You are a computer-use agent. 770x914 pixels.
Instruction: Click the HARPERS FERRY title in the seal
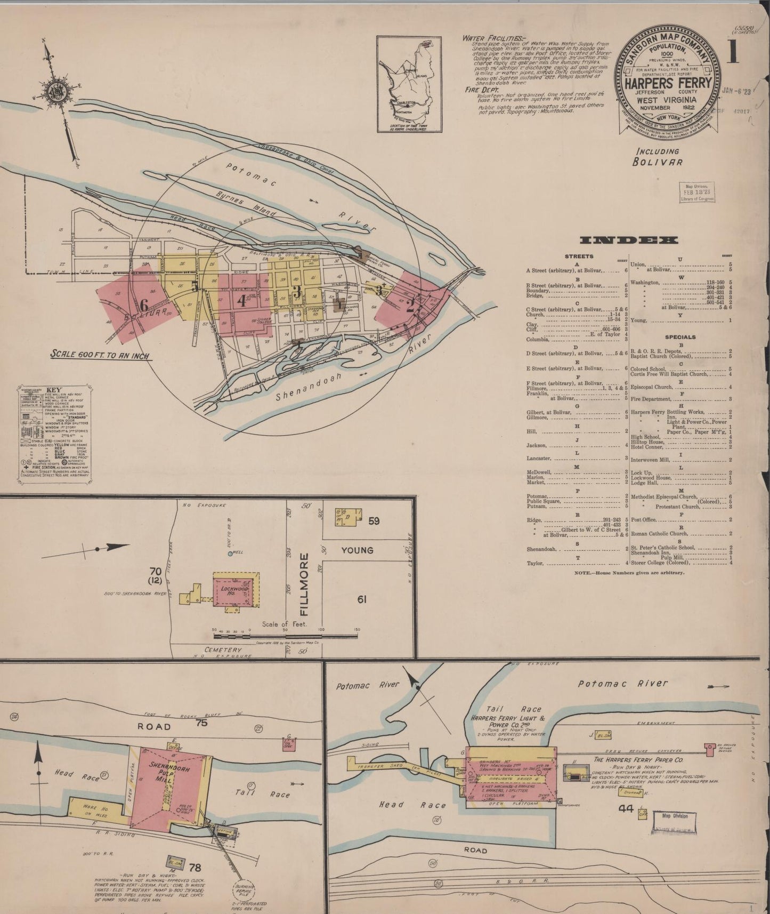(668, 83)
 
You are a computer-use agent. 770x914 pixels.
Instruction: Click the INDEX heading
(629, 240)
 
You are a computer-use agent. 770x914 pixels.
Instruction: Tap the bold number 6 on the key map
(143, 305)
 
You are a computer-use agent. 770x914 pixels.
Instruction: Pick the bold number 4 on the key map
(241, 300)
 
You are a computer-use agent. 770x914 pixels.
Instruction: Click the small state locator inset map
(409, 84)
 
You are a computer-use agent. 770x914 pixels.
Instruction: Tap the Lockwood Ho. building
(233, 591)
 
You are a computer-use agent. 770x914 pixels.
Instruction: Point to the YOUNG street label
(357, 550)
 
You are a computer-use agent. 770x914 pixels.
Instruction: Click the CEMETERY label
(224, 650)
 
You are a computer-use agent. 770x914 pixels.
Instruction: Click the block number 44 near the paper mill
(626, 809)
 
